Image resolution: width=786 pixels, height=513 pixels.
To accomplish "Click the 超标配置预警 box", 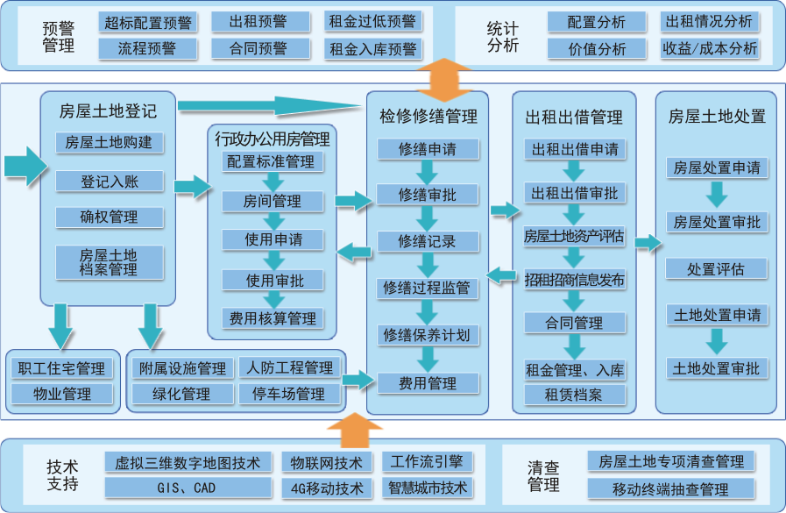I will click(x=146, y=22).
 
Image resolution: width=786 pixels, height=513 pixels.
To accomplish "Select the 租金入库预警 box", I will click(x=373, y=49).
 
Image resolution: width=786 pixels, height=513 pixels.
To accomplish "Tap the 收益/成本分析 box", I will click(x=710, y=49).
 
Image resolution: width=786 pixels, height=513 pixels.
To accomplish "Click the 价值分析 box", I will click(x=598, y=49).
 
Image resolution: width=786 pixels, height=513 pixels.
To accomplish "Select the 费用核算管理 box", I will click(x=272, y=319).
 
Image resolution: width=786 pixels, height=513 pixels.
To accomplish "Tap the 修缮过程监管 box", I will click(x=427, y=288).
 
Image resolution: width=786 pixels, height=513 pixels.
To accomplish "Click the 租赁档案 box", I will click(x=574, y=395).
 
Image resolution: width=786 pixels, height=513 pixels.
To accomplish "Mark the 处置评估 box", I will click(x=716, y=269).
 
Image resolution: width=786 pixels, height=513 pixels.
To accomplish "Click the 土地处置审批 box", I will click(x=716, y=368).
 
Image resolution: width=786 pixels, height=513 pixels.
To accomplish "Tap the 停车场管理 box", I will click(x=288, y=394).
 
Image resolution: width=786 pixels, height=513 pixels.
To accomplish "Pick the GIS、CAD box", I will click(x=190, y=488).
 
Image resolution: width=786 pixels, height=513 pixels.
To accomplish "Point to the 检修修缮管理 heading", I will click(x=428, y=116).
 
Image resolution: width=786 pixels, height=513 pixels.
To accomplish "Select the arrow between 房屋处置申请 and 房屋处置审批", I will click(x=716, y=193).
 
